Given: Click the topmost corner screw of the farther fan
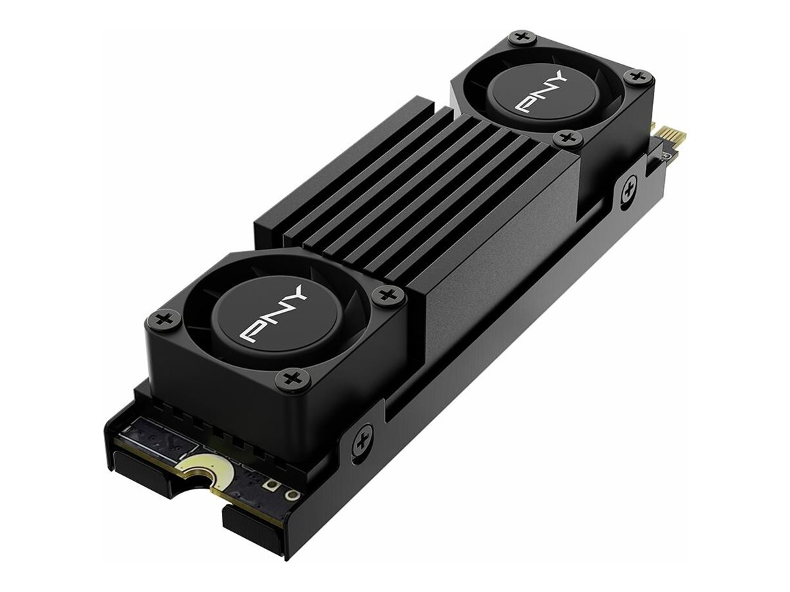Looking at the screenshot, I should pyautogui.click(x=522, y=38).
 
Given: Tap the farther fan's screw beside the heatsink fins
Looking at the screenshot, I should pyautogui.click(x=567, y=139).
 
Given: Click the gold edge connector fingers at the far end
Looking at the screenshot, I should pyautogui.click(x=673, y=136).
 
